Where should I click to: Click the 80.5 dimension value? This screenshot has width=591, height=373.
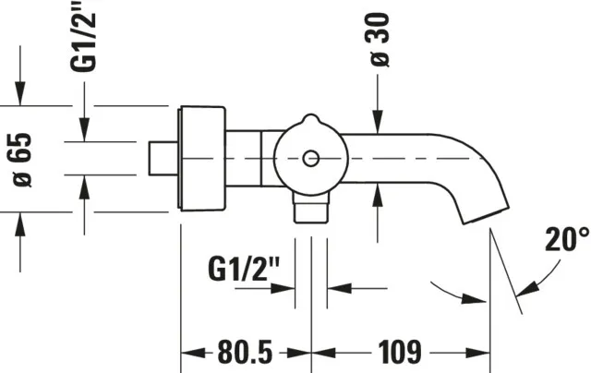(x=245, y=352)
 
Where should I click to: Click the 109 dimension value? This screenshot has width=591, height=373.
(x=400, y=352)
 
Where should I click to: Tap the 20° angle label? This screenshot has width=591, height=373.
(x=567, y=239)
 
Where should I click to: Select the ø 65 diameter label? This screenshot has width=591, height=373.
(x=22, y=160)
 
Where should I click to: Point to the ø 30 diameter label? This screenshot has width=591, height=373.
(x=380, y=40)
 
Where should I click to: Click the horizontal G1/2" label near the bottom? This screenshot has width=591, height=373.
(x=244, y=269)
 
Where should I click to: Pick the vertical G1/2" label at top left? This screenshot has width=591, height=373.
(x=84, y=36)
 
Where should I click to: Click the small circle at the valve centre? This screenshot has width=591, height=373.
(x=311, y=159)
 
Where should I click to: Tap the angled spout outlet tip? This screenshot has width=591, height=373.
(x=486, y=215)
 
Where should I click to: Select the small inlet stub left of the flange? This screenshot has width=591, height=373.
(x=163, y=158)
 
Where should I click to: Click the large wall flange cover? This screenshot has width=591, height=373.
(x=201, y=159)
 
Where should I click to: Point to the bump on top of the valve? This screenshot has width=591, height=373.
(x=311, y=120)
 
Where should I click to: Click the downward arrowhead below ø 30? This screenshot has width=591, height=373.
(x=378, y=122)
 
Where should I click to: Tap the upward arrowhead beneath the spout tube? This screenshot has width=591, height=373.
(x=378, y=195)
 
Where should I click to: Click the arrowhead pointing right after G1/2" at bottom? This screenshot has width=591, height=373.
(x=283, y=289)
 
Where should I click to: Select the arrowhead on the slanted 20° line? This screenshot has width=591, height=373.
(x=527, y=289)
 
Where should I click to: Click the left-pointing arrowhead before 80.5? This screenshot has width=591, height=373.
(x=193, y=354)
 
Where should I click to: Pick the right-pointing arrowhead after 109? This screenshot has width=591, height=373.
(x=478, y=354)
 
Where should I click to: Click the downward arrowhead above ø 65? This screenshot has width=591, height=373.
(x=20, y=93)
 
